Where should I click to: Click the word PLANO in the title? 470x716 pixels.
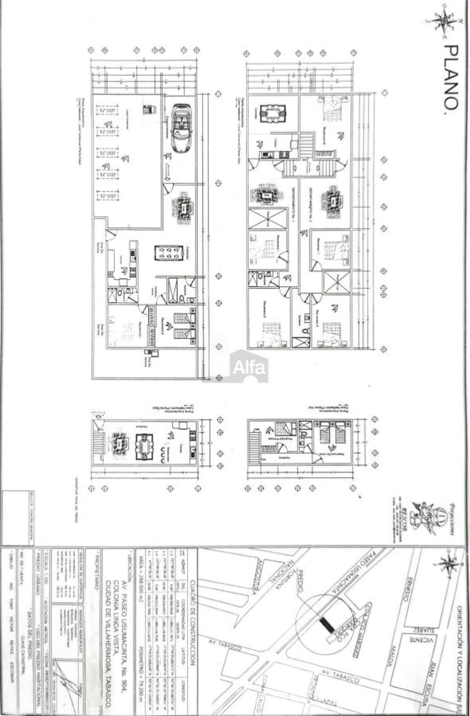(450, 78)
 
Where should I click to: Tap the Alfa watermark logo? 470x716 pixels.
(249, 367)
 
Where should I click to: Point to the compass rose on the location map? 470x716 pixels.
(448, 565)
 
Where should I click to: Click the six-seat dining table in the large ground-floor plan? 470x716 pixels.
(169, 253)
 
